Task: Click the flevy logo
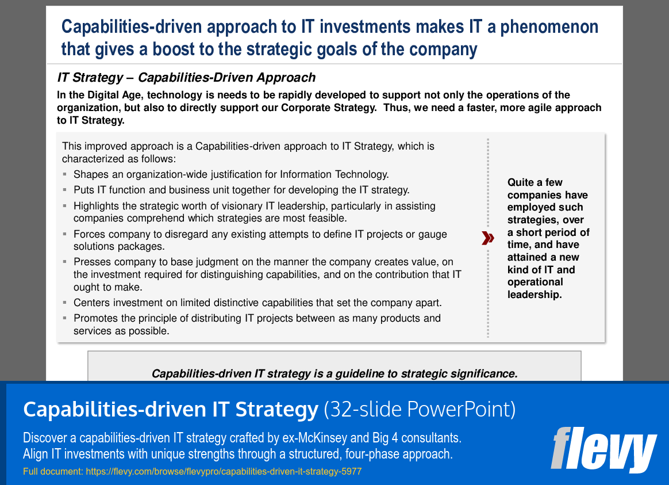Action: click(603, 449)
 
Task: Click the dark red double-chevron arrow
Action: click(488, 238)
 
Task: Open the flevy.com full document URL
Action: click(223, 472)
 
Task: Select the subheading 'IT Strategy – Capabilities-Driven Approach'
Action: click(186, 78)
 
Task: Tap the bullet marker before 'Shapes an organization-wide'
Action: click(66, 174)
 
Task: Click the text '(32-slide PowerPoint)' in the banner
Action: click(420, 410)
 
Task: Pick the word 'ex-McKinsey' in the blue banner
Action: click(306, 438)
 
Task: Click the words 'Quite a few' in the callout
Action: click(535, 182)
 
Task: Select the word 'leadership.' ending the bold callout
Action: click(535, 295)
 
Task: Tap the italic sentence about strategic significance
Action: click(334, 373)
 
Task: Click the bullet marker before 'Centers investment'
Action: click(66, 303)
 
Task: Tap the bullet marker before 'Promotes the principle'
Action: click(66, 318)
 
